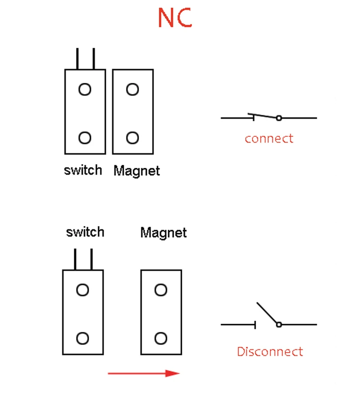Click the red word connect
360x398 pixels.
(269, 138)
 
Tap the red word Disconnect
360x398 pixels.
(270, 352)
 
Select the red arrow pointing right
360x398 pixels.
(144, 373)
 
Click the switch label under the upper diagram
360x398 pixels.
(83, 170)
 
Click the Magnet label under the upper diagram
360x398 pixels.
(136, 171)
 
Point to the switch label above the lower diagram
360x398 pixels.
(85, 232)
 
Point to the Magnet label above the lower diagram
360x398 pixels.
(163, 232)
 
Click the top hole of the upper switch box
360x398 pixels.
(85, 90)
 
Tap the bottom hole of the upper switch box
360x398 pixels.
(85, 137)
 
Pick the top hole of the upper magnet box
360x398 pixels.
(132, 90)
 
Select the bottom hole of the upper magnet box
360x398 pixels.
(132, 137)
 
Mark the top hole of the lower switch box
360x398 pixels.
(82, 290)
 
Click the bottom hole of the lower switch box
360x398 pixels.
(82, 338)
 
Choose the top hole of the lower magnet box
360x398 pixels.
(161, 290)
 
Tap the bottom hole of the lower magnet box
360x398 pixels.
(161, 338)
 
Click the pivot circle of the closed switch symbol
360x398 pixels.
(279, 118)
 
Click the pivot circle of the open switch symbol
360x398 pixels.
(279, 324)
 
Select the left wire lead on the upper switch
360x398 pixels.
(77, 59)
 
